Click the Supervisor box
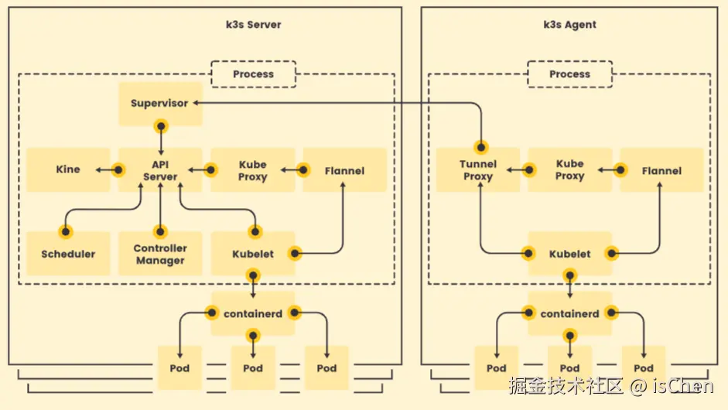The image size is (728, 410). click(161, 104)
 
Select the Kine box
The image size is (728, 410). click(68, 170)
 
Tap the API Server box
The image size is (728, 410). click(160, 170)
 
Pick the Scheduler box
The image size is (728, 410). click(68, 254)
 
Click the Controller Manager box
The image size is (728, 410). click(160, 254)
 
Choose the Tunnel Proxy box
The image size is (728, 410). click(478, 170)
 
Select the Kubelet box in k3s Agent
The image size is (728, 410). click(569, 254)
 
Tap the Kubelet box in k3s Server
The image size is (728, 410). click(253, 254)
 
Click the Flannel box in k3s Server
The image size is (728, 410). click(344, 170)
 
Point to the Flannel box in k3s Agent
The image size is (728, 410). click(661, 170)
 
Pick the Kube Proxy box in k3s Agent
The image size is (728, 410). click(569, 170)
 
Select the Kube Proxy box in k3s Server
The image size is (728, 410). click(253, 170)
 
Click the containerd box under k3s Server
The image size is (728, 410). click(253, 313)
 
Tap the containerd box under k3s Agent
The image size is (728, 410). click(569, 313)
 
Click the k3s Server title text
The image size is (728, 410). click(254, 25)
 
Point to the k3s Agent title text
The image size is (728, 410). click(569, 25)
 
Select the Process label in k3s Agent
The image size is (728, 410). click(569, 74)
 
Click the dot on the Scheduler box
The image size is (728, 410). click(66, 231)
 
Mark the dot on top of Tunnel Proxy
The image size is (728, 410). click(481, 148)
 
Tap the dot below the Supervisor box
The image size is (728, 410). click(161, 126)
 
